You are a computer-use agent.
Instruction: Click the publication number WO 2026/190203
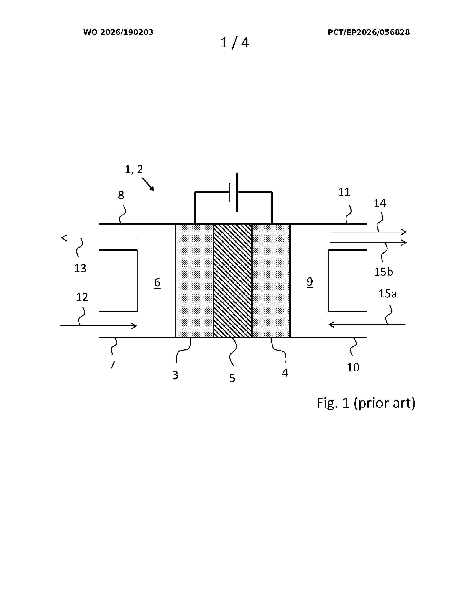click(x=118, y=32)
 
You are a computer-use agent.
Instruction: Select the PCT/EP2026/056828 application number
click(x=369, y=32)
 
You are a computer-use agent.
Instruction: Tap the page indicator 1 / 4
click(x=234, y=43)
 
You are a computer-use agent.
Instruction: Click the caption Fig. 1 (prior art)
click(x=366, y=403)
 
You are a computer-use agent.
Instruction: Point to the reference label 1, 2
click(x=134, y=169)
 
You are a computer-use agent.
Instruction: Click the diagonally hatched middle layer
click(x=233, y=280)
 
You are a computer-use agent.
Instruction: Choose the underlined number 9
click(x=310, y=282)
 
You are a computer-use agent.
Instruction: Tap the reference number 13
click(x=80, y=269)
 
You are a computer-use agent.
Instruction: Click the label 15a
click(x=387, y=294)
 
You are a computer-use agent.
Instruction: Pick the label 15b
click(x=383, y=272)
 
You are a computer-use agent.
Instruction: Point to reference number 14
click(x=380, y=203)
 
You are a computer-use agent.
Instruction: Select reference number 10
click(x=353, y=367)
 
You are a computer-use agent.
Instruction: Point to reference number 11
click(x=344, y=192)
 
